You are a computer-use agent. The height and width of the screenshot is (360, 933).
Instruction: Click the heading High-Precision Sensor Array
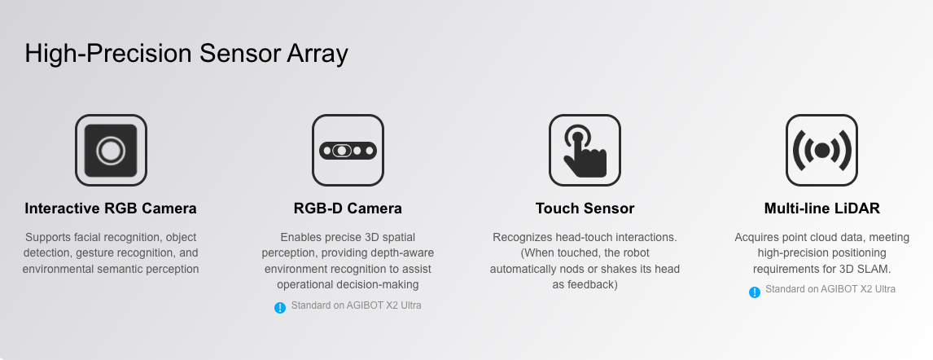[186, 54]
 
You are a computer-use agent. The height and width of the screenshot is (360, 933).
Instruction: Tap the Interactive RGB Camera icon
[111, 150]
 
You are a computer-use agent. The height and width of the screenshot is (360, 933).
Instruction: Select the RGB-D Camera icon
[348, 150]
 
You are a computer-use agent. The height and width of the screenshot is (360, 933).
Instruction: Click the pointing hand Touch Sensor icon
[585, 150]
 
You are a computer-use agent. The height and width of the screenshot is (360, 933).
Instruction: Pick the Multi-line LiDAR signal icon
[821, 150]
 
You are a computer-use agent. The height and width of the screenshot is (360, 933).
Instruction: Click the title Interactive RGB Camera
[111, 209]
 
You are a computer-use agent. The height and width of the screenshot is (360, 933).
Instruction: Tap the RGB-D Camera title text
[348, 209]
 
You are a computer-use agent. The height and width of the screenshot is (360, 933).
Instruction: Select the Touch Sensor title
[585, 209]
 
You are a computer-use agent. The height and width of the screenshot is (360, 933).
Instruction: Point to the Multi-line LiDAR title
[821, 209]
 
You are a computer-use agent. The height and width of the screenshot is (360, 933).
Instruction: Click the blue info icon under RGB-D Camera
[280, 308]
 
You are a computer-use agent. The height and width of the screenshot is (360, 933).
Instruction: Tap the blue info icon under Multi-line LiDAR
[755, 292]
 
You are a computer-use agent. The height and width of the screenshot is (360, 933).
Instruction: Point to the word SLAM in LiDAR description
[876, 269]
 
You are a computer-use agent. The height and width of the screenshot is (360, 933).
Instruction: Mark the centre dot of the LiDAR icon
[821, 151]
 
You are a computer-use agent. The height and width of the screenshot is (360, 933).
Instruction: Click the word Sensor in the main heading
[239, 54]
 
